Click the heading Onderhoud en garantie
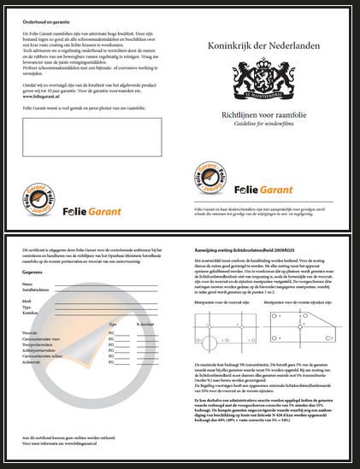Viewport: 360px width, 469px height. [44, 19]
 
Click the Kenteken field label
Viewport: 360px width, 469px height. [32, 314]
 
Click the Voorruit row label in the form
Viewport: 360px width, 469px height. [31, 331]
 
